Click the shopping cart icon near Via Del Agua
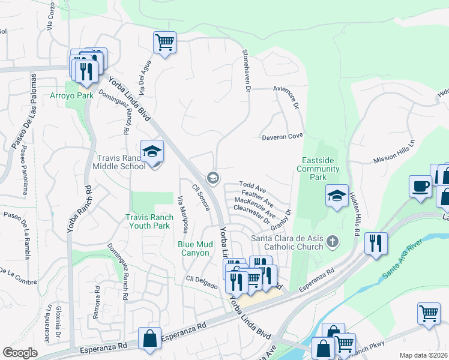(x=164, y=42)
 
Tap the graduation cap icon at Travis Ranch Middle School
(x=152, y=151)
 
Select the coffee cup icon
(x=420, y=185)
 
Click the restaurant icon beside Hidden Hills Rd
(x=376, y=243)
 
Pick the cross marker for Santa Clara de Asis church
(x=333, y=242)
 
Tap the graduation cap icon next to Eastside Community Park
(x=337, y=196)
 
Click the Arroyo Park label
(x=80, y=95)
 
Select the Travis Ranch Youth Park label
(x=148, y=221)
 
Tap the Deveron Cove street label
(x=282, y=137)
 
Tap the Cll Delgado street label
(x=201, y=281)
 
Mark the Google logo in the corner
(x=20, y=353)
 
